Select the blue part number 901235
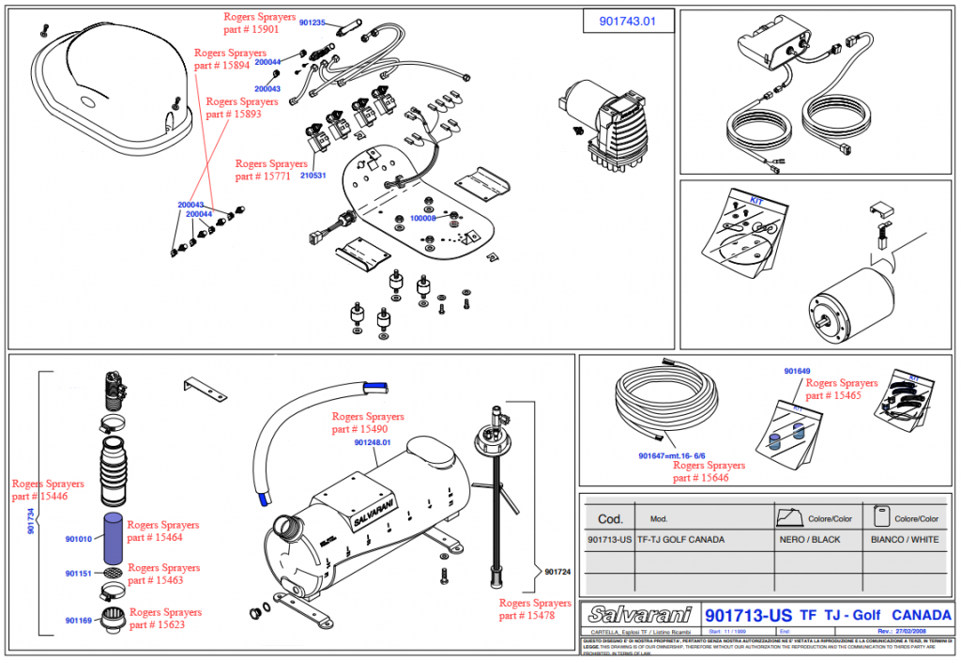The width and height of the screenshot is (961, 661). (313, 23)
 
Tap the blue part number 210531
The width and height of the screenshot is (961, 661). (313, 176)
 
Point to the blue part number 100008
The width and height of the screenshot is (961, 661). (423, 218)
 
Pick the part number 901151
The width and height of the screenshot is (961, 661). (78, 574)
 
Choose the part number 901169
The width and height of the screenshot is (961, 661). (78, 621)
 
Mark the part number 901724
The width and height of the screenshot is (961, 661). (557, 571)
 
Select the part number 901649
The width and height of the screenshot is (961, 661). (797, 372)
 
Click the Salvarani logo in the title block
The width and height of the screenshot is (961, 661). (641, 615)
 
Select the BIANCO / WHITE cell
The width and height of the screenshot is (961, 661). (904, 540)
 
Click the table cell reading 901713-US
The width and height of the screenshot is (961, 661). (610, 540)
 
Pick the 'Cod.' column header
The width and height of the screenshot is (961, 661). (610, 518)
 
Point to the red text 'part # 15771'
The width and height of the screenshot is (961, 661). (264, 177)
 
